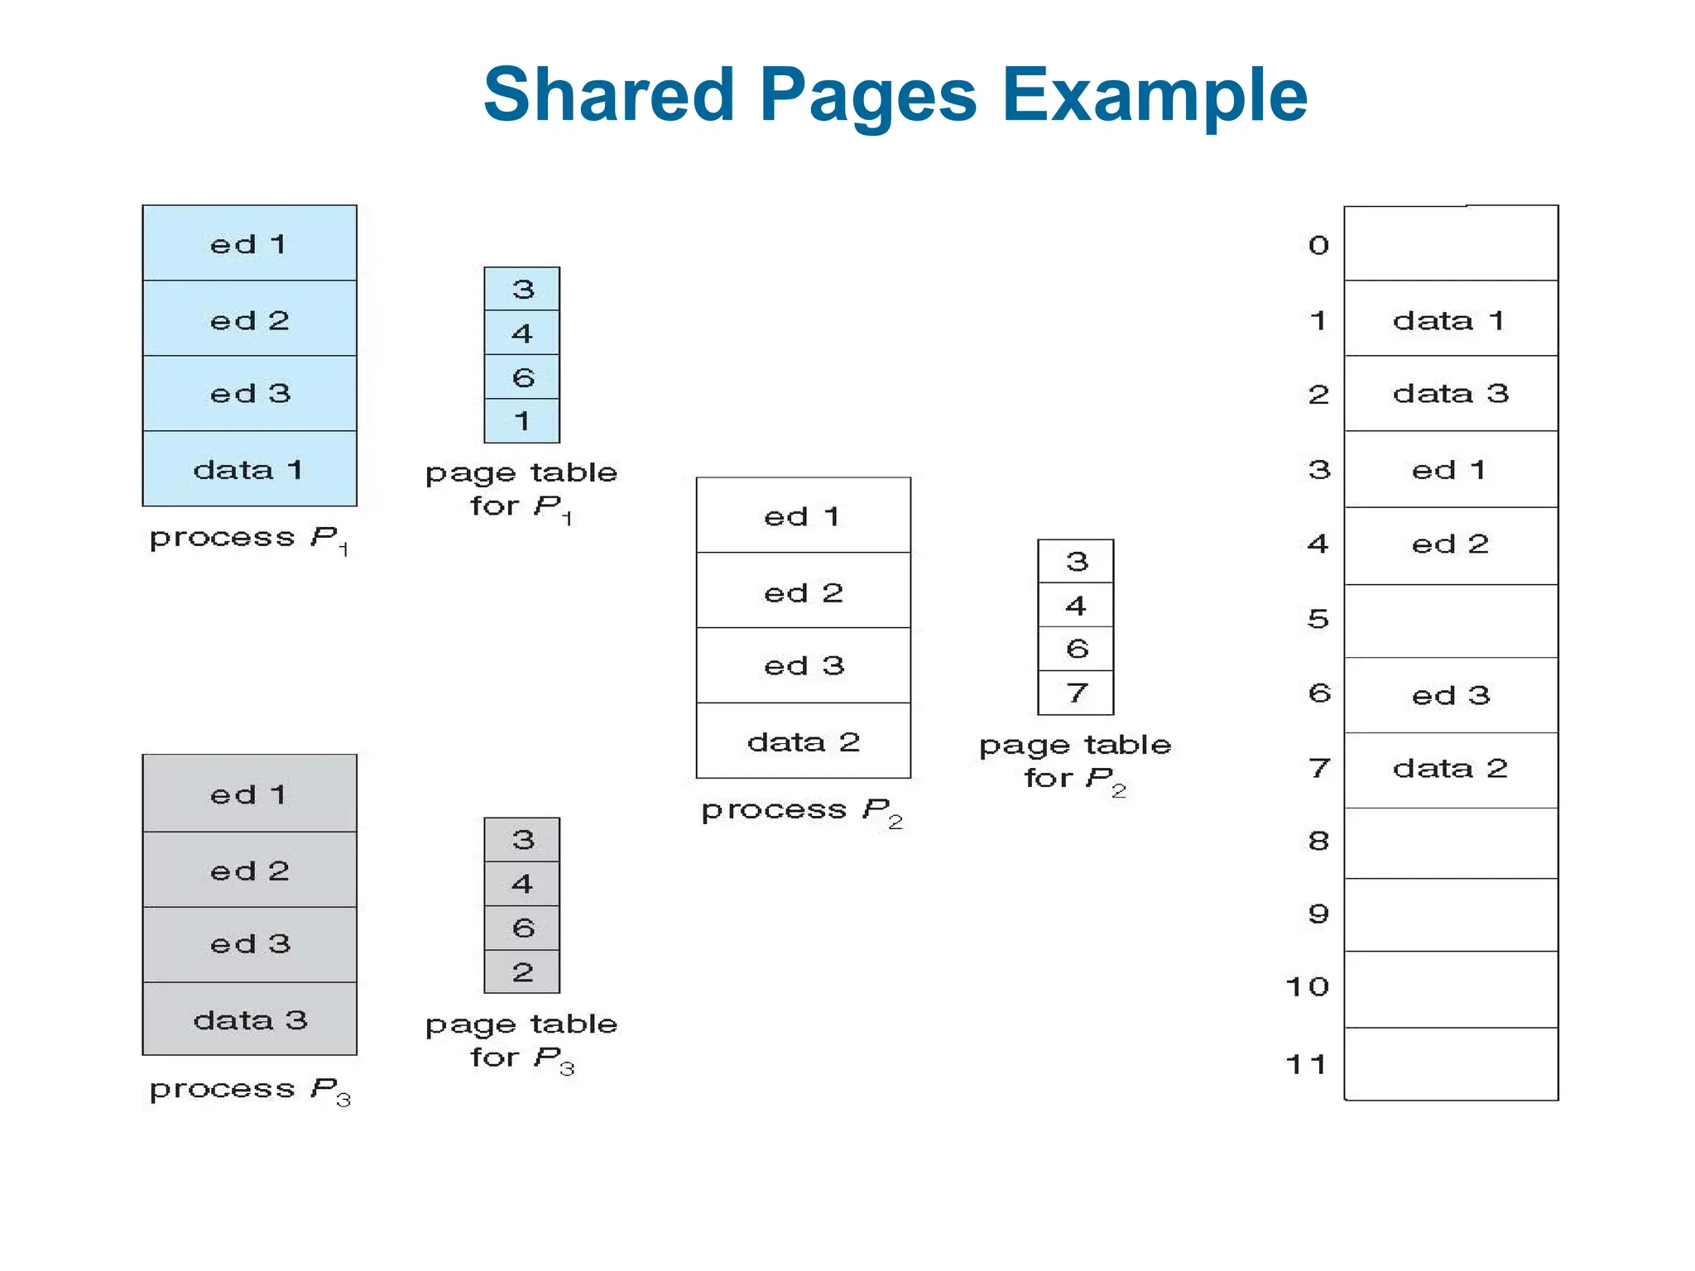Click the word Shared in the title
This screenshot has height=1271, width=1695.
(x=608, y=95)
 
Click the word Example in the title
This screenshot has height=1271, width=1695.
(x=1155, y=97)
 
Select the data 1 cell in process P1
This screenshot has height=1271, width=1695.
(x=249, y=469)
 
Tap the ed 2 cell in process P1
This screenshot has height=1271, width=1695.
(x=249, y=319)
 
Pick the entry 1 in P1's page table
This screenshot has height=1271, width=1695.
(x=521, y=421)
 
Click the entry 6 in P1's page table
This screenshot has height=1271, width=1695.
(x=521, y=377)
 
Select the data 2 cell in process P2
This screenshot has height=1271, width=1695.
(x=803, y=741)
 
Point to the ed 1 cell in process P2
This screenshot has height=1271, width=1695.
(x=803, y=516)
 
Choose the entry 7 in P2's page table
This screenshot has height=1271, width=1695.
(x=1075, y=693)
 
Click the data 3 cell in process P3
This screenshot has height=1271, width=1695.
(x=249, y=1019)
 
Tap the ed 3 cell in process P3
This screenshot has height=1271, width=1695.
(x=249, y=944)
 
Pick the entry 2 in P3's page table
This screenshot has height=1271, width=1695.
(x=521, y=972)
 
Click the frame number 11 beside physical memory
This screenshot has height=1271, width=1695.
(x=1307, y=1064)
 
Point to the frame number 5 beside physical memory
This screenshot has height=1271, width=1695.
(x=1318, y=619)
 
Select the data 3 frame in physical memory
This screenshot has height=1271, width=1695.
(x=1450, y=393)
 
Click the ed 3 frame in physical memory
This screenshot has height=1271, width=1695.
(x=1450, y=695)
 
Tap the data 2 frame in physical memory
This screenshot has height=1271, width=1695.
(x=1450, y=769)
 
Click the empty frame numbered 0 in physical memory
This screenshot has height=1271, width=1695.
(x=1450, y=244)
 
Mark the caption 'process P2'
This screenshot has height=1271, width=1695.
(x=801, y=811)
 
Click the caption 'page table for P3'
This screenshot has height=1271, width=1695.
(x=521, y=1041)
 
